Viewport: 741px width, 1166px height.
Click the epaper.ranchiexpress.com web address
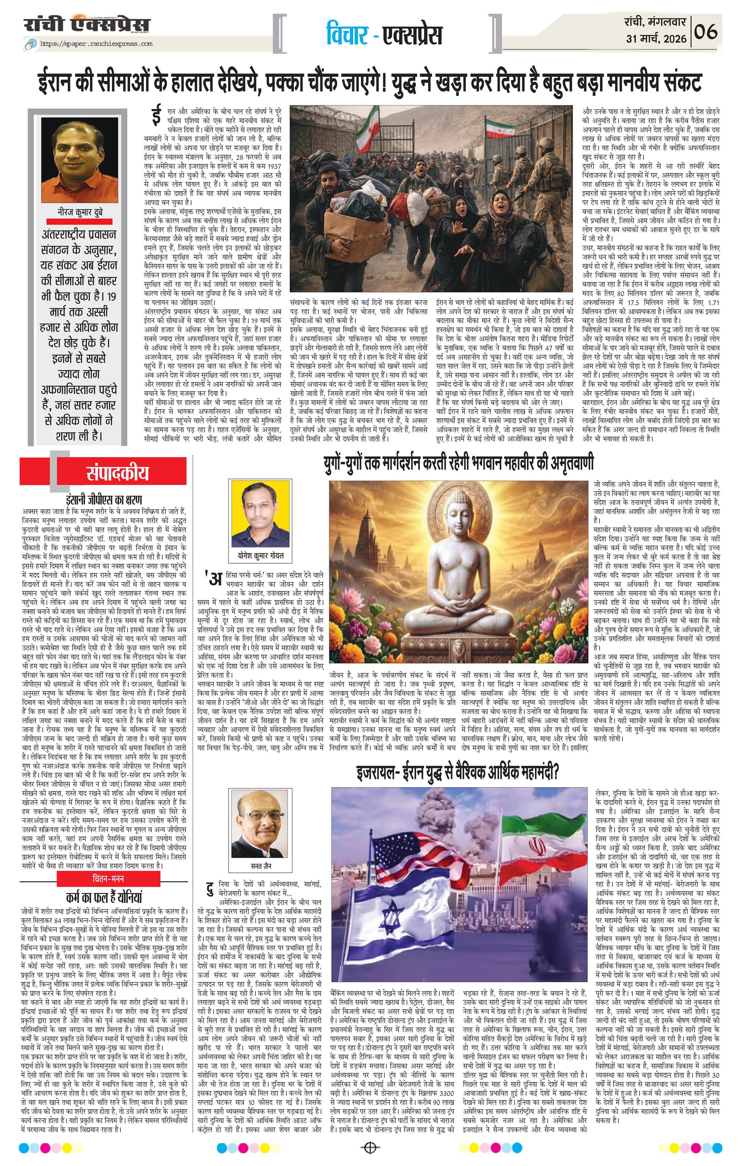click(95, 44)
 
